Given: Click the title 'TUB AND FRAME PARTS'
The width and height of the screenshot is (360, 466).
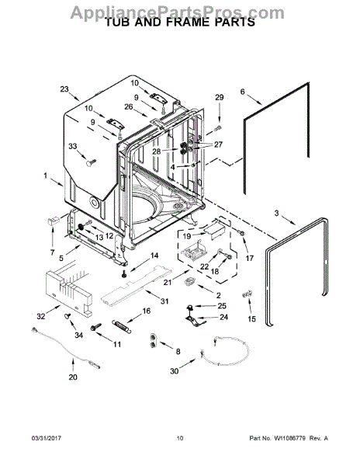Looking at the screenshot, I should (179, 24).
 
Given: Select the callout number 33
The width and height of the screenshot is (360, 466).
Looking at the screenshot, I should (73, 147).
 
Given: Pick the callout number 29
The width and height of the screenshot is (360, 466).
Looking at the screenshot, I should (219, 97).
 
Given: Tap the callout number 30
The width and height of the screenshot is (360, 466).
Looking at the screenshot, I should (175, 372).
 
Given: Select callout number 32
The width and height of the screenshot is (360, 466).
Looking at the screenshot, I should (40, 318).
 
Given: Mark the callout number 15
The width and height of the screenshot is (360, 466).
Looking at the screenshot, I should (251, 318).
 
